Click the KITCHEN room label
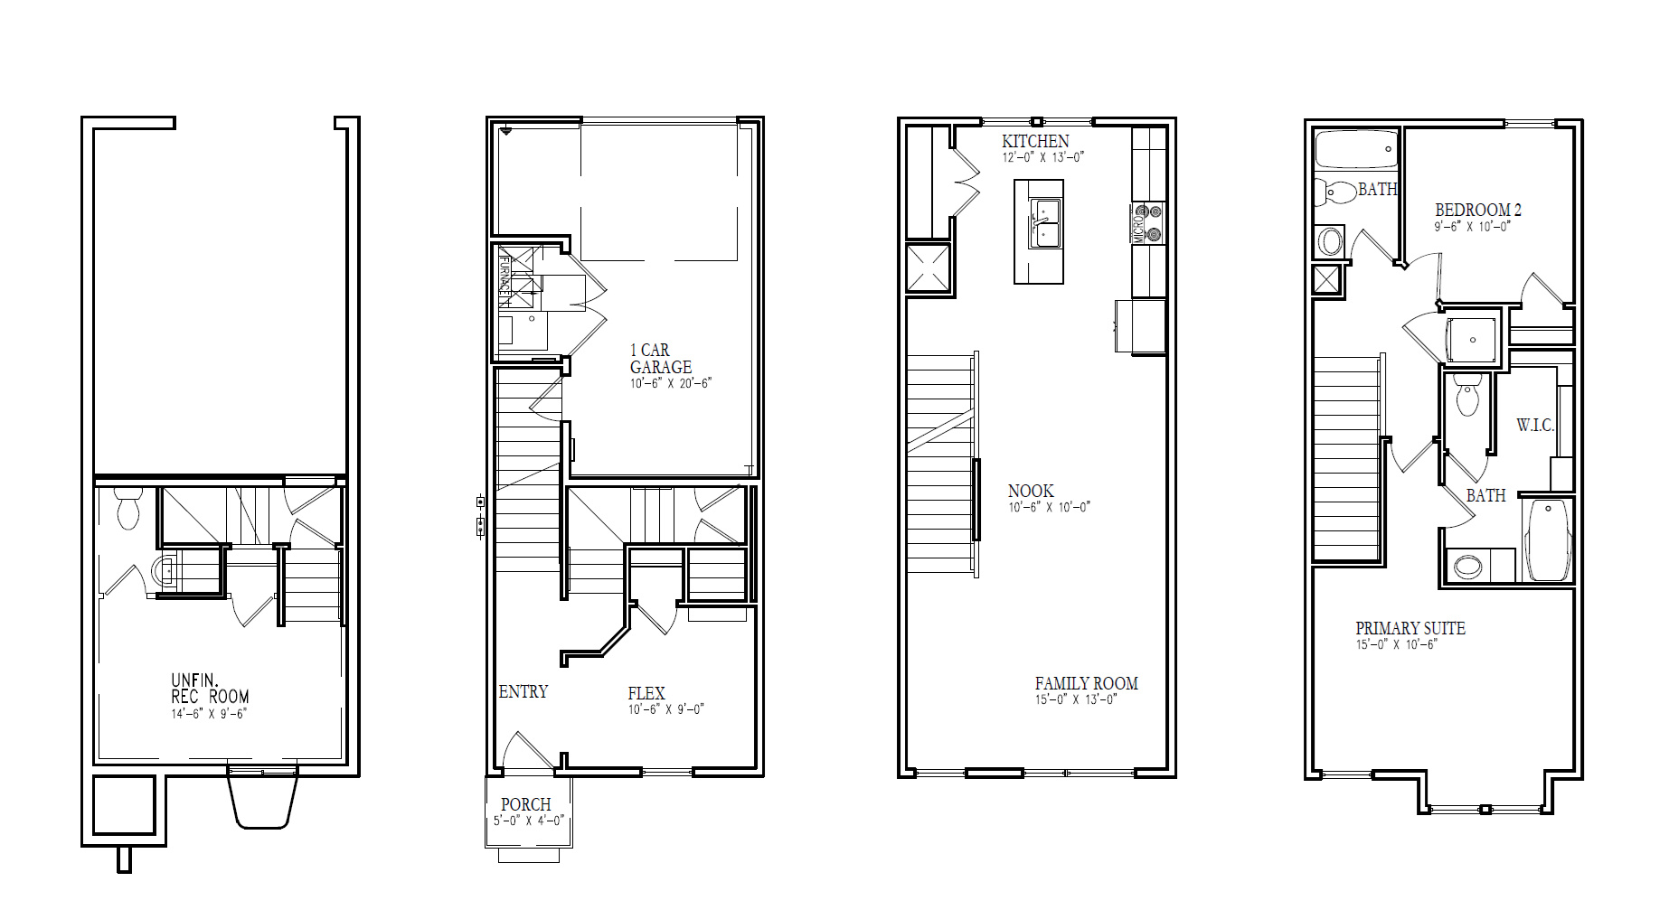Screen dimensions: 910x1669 coord(1035,141)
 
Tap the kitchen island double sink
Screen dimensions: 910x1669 coord(1044,221)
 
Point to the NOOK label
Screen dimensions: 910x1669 coord(1031,491)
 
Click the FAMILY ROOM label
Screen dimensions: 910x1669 coord(1086,684)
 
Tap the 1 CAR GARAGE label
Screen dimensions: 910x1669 coord(660,359)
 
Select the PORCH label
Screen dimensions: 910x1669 coord(526,804)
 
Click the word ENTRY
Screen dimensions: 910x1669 coord(523,691)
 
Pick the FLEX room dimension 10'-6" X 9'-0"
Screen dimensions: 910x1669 coord(665,709)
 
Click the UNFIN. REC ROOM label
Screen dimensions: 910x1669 coord(210,689)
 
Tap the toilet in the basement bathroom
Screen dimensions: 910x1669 coord(127,510)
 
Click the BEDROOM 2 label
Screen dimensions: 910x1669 coord(1478,210)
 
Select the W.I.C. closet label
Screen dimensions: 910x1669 coord(1535,425)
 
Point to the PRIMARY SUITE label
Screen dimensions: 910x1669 coord(1410,628)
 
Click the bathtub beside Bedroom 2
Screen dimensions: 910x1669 coord(1356,150)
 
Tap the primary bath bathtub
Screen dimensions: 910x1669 coord(1549,540)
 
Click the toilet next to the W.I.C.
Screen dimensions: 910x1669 coord(1467,398)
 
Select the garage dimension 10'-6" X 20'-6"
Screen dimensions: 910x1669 coord(671,383)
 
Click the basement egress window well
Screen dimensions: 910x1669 coord(262,800)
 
